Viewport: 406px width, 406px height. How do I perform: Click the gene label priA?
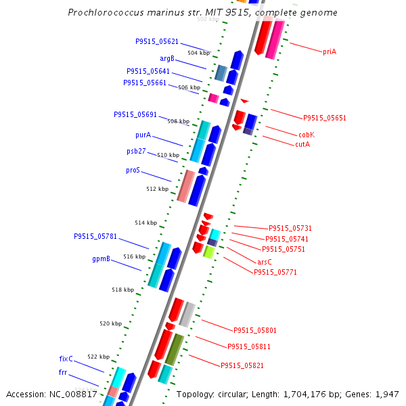[330, 51]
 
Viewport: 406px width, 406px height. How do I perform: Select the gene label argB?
[167, 58]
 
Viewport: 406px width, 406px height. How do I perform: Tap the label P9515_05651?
[324, 118]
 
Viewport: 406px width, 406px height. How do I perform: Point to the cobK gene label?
[307, 135]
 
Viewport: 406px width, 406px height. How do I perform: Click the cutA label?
[302, 144]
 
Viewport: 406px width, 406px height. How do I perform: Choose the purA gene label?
[143, 135]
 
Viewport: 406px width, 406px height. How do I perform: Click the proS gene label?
[133, 171]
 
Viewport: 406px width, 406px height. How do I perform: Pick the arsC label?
[265, 262]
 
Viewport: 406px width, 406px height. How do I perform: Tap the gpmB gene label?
[101, 258]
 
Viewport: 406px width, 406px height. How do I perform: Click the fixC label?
[66, 359]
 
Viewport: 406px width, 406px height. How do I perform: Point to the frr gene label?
[62, 372]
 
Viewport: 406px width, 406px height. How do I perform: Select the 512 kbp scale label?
[157, 189]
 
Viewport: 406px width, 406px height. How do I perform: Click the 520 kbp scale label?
[110, 323]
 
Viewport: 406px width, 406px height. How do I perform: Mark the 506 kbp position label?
[189, 87]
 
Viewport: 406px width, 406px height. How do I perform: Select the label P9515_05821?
[242, 365]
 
